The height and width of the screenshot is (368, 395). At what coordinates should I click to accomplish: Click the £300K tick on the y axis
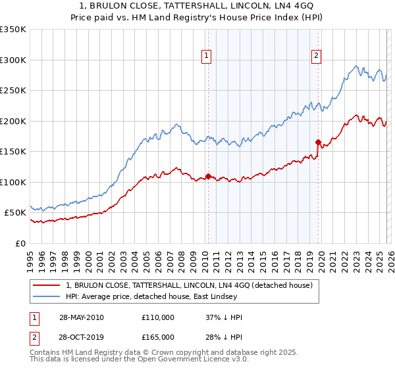pyautogui.click(x=13, y=60)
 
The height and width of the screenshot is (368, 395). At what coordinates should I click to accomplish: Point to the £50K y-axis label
pyautogui.click(x=15, y=213)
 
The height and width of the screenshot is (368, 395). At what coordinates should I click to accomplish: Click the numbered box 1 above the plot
pyautogui.click(x=207, y=57)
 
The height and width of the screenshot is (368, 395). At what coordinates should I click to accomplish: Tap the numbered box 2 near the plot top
pyautogui.click(x=317, y=57)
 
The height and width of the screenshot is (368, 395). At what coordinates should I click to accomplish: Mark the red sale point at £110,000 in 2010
pyautogui.click(x=208, y=176)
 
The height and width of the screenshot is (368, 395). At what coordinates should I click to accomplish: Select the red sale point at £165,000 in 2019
pyautogui.click(x=318, y=142)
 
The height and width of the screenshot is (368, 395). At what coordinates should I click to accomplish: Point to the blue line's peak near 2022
pyautogui.click(x=355, y=66)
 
